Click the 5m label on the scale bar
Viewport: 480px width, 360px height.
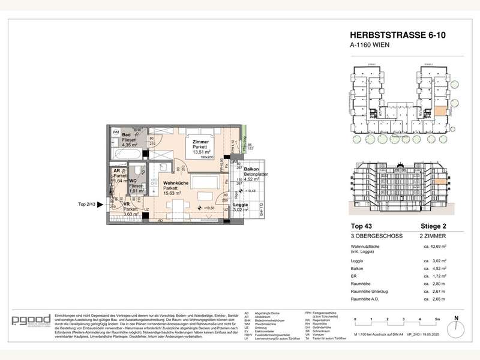point(437,319)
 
